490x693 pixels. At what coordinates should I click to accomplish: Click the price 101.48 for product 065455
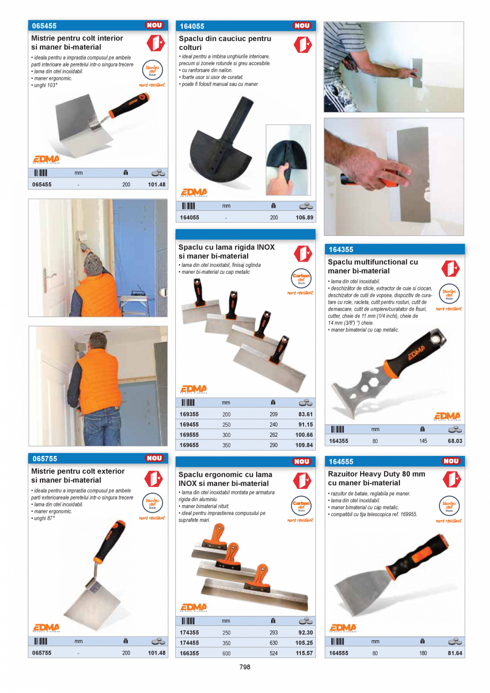(x=157, y=185)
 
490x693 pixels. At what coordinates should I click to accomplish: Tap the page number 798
(x=244, y=667)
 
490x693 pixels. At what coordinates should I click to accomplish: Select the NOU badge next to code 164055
(x=302, y=26)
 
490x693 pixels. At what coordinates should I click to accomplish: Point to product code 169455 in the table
(x=189, y=425)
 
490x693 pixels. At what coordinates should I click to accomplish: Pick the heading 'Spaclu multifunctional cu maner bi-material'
(x=373, y=266)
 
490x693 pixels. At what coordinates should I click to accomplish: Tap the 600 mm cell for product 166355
(x=226, y=653)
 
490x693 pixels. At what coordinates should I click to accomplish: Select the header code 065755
(x=45, y=459)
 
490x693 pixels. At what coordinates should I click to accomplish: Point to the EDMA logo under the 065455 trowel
(x=46, y=159)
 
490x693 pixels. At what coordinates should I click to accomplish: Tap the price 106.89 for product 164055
(x=304, y=217)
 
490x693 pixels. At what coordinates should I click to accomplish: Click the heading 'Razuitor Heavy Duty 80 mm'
(x=377, y=474)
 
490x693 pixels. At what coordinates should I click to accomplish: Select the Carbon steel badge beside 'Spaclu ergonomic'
(x=301, y=504)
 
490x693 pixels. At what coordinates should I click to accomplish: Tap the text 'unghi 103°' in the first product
(x=45, y=85)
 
